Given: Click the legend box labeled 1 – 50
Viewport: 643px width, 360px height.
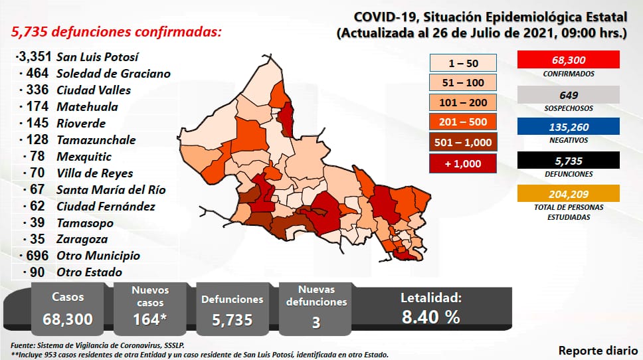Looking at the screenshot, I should [464, 63].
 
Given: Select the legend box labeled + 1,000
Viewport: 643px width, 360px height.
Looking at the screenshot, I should [464, 162].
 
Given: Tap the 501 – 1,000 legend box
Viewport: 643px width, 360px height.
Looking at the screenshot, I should [464, 142].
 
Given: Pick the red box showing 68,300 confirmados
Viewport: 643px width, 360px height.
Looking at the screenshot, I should [568, 60].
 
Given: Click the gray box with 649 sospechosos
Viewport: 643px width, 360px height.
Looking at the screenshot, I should [568, 94].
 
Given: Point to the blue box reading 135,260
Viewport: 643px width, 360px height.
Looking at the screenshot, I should [568, 126].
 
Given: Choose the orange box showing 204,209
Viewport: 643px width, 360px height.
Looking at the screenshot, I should [568, 194].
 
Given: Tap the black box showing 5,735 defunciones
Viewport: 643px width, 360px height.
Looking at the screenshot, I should [568, 160].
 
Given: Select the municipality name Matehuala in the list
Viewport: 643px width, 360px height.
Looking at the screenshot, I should [87, 107].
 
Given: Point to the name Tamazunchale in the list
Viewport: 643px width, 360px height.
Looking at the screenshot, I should [96, 140].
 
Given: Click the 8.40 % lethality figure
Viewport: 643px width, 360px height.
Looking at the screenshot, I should [430, 317].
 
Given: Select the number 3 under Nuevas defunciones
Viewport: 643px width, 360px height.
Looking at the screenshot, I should [316, 322].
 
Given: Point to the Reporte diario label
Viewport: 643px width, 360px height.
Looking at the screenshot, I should [595, 351].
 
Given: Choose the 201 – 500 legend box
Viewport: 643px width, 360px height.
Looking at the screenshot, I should [464, 122].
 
